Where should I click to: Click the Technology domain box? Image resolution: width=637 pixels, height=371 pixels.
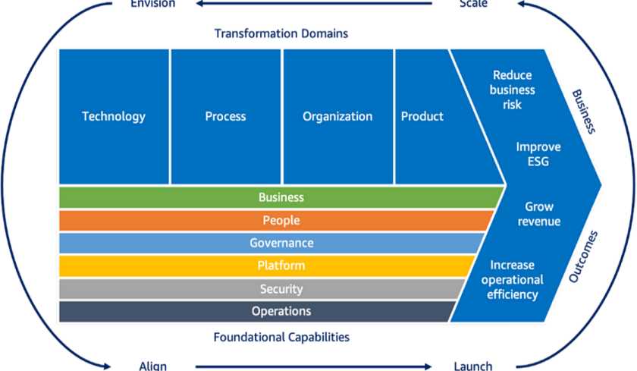(114, 117)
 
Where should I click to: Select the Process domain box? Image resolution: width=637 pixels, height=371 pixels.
(226, 117)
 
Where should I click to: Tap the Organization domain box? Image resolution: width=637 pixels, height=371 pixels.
(338, 117)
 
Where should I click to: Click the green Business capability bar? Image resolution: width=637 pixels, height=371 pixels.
(281, 197)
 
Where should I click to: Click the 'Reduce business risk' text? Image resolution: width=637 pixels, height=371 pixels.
(513, 90)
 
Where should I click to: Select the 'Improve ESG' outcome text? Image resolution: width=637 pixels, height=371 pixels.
(538, 154)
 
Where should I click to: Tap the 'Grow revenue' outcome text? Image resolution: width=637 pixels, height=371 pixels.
(539, 214)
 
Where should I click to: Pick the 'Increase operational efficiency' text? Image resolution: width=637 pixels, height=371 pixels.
(513, 279)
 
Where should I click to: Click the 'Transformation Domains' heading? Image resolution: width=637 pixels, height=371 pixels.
(281, 33)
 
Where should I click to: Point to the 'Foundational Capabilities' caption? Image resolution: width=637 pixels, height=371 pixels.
(281, 337)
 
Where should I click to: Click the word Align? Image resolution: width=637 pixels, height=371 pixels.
(152, 366)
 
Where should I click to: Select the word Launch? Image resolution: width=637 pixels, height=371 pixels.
(473, 366)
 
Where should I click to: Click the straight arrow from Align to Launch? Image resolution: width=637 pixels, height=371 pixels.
(313, 366)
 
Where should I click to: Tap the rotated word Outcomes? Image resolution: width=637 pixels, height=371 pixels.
(583, 256)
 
